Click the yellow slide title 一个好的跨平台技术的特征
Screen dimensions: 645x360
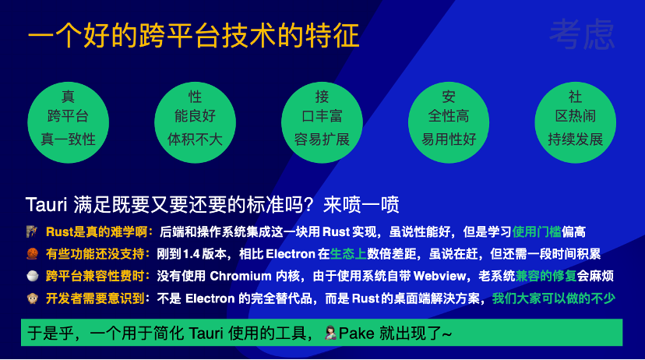(x=194, y=35)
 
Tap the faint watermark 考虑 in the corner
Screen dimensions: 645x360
(x=582, y=34)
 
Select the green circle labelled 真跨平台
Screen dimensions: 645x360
(x=69, y=122)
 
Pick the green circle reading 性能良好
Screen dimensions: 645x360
(x=195, y=122)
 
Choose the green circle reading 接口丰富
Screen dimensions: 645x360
(x=322, y=122)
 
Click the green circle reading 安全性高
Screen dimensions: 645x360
(x=449, y=122)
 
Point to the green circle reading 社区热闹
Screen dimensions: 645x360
(x=575, y=122)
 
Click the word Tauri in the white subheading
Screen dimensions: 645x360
(x=46, y=204)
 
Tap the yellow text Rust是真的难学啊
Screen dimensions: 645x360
(x=97, y=232)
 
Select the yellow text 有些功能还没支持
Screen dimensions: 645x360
(x=95, y=254)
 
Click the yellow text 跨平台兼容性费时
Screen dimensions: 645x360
(x=95, y=276)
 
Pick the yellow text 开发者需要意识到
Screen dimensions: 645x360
(x=95, y=298)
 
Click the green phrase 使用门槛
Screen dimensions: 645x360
(x=537, y=232)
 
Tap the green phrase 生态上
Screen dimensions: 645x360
(x=348, y=254)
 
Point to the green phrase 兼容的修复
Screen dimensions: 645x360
(x=546, y=276)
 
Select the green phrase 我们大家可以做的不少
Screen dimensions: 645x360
(x=554, y=298)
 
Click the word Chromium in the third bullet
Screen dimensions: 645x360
(x=241, y=276)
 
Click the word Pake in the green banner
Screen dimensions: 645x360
(x=356, y=333)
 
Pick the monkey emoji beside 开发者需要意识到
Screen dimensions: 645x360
(x=33, y=298)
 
